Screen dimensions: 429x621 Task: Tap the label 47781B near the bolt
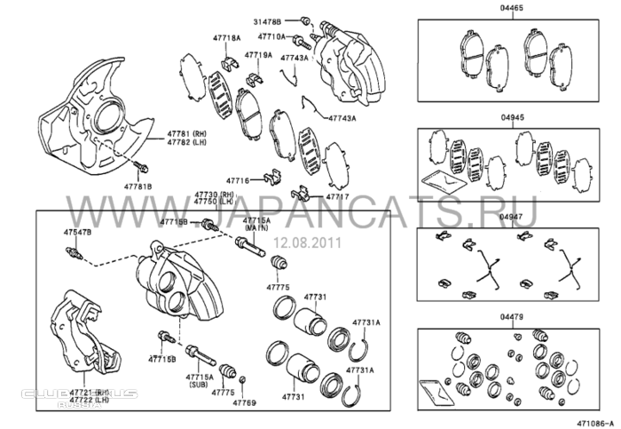(138, 187)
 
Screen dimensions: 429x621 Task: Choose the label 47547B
(76, 232)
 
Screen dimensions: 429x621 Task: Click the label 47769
(245, 402)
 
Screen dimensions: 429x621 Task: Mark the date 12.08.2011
(303, 241)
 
